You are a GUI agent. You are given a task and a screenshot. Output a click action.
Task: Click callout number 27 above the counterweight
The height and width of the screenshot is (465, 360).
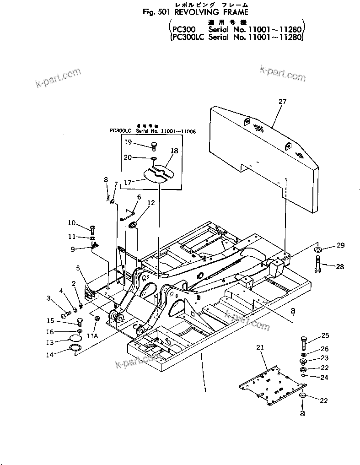(x=282, y=102)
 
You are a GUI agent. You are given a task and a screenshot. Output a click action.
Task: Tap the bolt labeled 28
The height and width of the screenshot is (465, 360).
(x=317, y=265)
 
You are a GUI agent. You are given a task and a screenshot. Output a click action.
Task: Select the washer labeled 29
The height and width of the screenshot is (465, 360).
(x=317, y=249)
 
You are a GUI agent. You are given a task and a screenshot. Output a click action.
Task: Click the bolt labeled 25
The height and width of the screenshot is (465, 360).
(x=304, y=341)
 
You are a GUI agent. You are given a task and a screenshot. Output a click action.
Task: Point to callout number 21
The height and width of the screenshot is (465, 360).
(x=260, y=348)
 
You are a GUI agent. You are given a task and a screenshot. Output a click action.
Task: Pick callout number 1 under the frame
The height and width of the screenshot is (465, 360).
(x=205, y=390)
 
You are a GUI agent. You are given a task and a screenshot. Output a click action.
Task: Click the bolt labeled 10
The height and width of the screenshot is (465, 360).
(x=93, y=227)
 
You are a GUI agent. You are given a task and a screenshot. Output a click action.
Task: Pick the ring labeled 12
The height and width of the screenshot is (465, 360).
(x=133, y=224)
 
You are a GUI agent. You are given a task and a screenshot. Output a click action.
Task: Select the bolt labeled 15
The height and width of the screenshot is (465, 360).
(x=79, y=322)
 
